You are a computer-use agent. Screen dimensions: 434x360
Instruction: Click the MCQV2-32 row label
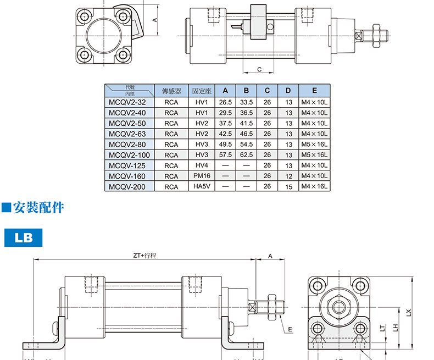(x=127, y=102)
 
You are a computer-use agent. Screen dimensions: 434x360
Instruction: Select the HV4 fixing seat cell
(x=202, y=165)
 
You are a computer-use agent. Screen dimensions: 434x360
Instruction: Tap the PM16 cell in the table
(x=202, y=176)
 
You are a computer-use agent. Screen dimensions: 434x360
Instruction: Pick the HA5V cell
(x=202, y=186)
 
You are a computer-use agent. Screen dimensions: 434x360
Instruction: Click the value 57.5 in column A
(x=225, y=155)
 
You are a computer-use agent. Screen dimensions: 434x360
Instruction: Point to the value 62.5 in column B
(x=246, y=155)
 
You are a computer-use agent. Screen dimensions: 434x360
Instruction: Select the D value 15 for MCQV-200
(x=288, y=187)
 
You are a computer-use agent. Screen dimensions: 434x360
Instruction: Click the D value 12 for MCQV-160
(x=288, y=176)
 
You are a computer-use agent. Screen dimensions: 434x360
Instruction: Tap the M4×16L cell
(x=314, y=186)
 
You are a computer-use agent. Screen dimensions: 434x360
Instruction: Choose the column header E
(x=314, y=91)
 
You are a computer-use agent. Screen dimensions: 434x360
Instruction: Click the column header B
(x=246, y=91)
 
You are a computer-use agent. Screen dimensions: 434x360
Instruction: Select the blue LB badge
(x=24, y=237)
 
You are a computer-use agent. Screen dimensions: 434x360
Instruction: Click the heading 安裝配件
(x=38, y=207)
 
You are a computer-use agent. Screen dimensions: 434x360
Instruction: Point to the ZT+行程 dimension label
(x=144, y=256)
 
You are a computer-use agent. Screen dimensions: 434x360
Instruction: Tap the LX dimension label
(x=409, y=313)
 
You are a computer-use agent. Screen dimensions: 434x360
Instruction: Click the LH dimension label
(x=396, y=328)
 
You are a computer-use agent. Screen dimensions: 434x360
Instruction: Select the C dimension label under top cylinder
(x=259, y=69)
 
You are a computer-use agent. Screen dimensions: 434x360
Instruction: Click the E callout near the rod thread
(x=290, y=329)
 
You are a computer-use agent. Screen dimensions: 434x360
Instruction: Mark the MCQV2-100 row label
(x=129, y=155)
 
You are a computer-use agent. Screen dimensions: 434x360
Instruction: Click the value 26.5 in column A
(x=225, y=102)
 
